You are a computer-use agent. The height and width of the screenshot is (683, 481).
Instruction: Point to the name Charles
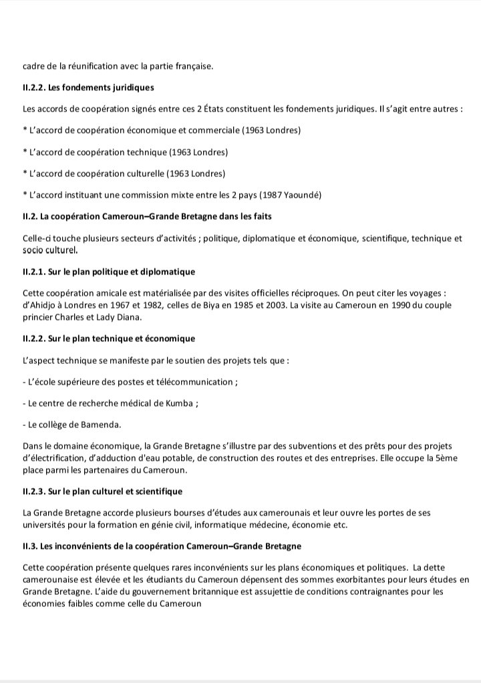click(66, 316)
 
